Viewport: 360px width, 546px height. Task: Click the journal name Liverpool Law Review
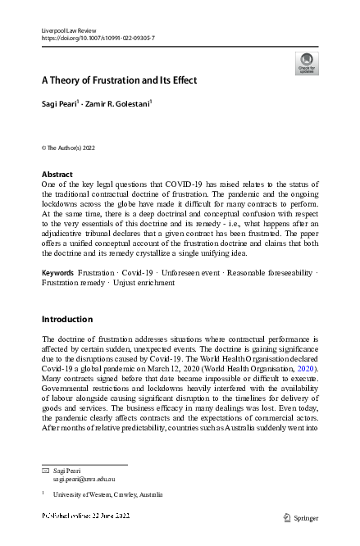[68, 29]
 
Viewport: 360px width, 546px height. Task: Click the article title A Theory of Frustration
[121, 80]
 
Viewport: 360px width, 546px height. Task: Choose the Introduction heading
[68, 318]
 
